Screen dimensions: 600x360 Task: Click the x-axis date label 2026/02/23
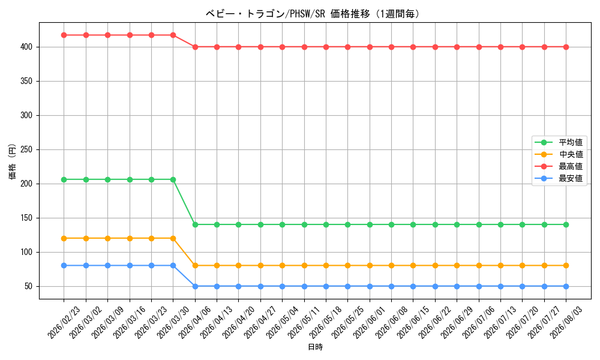click(64, 322)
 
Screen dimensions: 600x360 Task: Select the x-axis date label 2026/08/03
click(566, 322)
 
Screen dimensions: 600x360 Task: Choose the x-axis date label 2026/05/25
click(347, 322)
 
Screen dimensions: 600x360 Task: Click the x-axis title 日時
click(316, 347)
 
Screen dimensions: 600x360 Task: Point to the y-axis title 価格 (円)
click(12, 161)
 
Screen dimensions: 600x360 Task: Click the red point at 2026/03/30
click(173, 35)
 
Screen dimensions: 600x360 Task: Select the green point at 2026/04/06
click(195, 224)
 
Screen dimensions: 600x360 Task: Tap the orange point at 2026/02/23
click(64, 238)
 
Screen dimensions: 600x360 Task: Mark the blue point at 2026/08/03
click(566, 287)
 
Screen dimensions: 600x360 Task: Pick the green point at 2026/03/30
click(173, 179)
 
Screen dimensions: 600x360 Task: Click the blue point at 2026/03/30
click(173, 266)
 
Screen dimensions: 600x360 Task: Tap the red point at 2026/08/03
click(566, 47)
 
